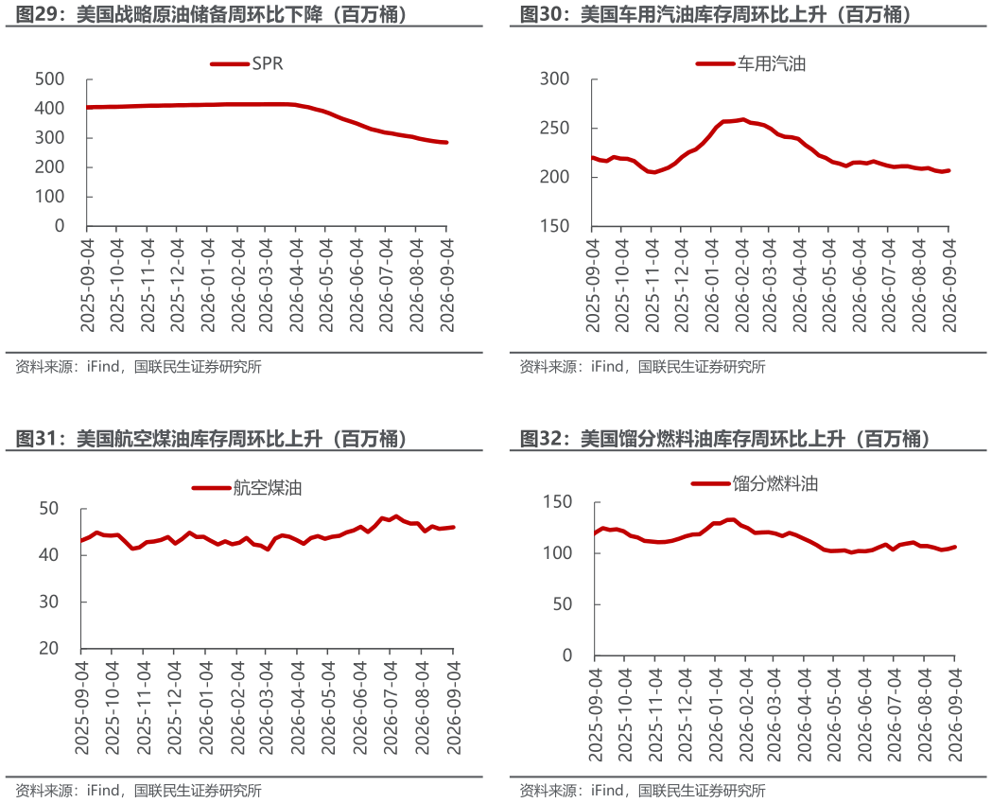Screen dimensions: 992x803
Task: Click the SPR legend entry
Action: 247,63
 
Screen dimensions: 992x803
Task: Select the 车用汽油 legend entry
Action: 750,63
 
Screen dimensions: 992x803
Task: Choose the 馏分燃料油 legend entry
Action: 755,483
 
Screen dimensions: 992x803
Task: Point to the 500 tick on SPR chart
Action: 50,79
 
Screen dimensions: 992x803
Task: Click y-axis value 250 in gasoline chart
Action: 555,128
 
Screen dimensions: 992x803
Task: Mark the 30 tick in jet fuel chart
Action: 49,602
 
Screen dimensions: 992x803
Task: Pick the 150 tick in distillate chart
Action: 557,502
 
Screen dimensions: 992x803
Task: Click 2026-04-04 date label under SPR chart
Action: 296,285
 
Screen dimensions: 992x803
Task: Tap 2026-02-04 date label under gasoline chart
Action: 740,285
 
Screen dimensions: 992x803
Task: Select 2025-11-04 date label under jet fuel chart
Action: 144,708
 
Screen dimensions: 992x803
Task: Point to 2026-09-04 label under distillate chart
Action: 954,714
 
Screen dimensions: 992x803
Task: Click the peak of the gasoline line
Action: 742,119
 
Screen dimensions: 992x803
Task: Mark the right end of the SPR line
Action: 446,143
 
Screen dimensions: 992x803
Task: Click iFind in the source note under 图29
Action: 103,366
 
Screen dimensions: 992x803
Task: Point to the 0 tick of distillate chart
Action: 567,655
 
